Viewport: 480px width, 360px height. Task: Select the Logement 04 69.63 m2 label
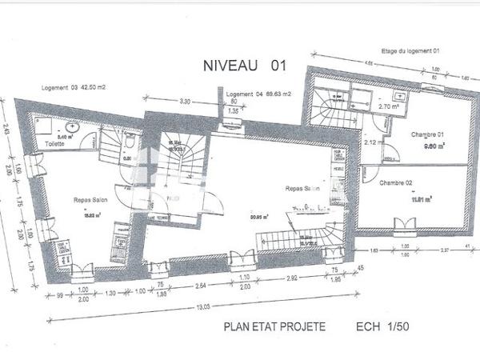pyautogui.click(x=258, y=94)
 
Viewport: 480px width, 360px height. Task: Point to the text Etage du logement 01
pyautogui.click(x=411, y=50)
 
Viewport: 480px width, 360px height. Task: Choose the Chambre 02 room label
pyautogui.click(x=396, y=183)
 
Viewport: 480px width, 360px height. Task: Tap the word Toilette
pyautogui.click(x=54, y=144)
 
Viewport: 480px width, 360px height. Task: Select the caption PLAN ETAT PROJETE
pyautogui.click(x=274, y=327)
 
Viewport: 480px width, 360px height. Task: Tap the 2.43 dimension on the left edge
pyautogui.click(x=6, y=126)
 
